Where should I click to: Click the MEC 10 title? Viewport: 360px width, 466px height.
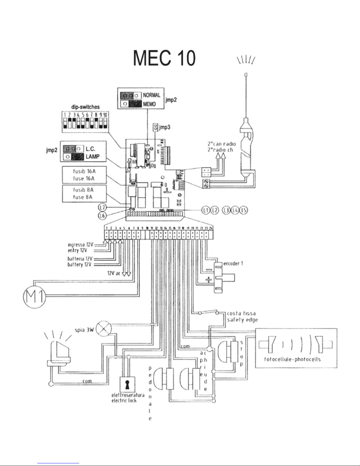164,58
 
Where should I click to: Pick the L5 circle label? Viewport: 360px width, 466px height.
243,210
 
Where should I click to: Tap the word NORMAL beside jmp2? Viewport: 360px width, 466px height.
152,95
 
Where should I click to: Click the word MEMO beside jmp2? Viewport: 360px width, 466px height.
149,104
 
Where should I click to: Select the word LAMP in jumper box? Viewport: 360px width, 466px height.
92,157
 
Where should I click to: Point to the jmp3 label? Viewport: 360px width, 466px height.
165,128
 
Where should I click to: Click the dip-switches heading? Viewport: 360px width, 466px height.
86,107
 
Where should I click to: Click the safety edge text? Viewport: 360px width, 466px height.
242,320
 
